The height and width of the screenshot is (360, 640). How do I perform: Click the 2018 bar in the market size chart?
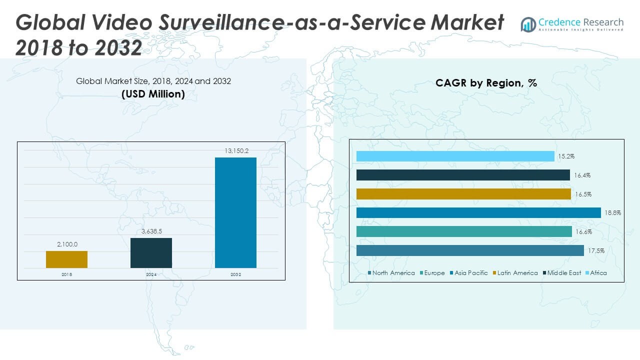66,259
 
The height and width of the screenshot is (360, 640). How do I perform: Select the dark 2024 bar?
151,252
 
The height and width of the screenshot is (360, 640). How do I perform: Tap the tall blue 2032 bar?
235,212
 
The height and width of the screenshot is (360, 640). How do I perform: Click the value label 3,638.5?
151,231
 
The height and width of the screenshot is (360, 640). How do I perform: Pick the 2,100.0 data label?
66,244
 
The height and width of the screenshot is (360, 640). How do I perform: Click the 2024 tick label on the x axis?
151,274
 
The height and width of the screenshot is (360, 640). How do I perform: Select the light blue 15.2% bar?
455,156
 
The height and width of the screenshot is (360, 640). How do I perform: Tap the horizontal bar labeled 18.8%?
478,212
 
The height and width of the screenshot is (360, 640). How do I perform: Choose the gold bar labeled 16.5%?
463,194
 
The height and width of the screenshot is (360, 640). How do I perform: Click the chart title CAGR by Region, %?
486,83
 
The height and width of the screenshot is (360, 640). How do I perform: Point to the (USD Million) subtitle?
153,94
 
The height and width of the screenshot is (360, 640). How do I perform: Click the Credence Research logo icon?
528,24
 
